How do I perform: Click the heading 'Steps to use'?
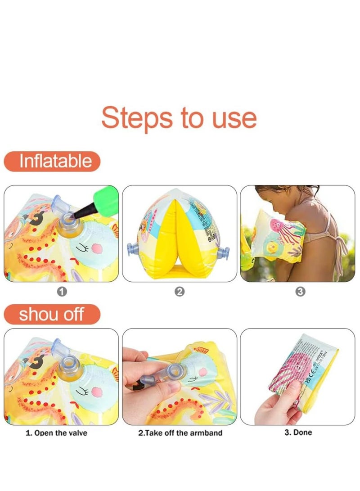[179, 118]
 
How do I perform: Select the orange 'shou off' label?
[52, 314]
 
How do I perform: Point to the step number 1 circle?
[62, 292]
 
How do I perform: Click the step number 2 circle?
[179, 292]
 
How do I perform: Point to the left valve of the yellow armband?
[131, 248]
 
